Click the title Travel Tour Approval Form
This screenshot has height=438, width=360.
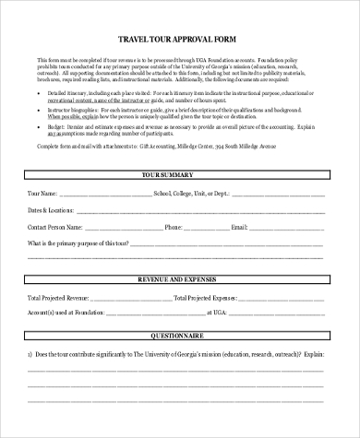tap(179, 40)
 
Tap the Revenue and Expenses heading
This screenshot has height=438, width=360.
tap(179, 278)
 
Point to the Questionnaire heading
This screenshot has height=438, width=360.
tap(179, 337)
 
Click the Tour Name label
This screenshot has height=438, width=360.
tap(43, 194)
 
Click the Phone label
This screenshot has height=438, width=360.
tap(174, 226)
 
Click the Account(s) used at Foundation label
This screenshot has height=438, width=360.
tap(64, 314)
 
